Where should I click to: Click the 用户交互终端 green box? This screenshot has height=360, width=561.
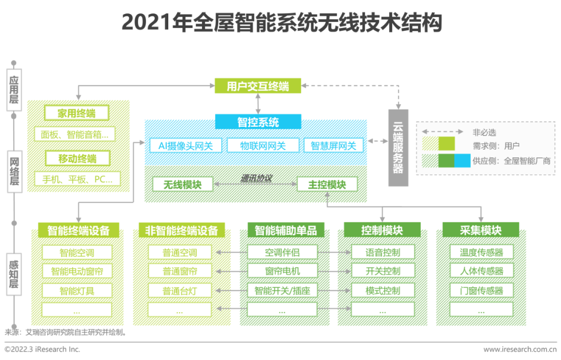[x=258, y=86]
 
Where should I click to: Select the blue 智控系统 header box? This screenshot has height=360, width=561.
[x=258, y=122]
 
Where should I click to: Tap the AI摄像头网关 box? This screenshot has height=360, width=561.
[x=185, y=145]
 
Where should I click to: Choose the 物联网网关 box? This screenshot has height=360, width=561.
[x=263, y=145]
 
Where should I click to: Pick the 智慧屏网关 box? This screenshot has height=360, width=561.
[x=333, y=145]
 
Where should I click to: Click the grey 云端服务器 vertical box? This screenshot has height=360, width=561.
[x=398, y=148]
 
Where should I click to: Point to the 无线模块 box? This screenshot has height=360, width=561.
[x=182, y=184]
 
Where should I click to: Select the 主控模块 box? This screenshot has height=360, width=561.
[x=327, y=184]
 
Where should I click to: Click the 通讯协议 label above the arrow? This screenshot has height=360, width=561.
[x=256, y=178]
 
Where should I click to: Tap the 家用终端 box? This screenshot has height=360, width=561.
[x=76, y=113]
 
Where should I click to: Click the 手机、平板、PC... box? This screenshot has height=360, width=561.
[x=77, y=179]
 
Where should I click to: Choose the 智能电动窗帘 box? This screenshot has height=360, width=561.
[x=77, y=271]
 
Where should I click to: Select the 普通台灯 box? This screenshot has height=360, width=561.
[x=180, y=290]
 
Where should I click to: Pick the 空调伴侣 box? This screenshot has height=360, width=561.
[x=282, y=252]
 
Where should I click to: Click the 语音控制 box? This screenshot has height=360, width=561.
[x=383, y=252]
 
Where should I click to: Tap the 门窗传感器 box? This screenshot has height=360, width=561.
[x=482, y=290]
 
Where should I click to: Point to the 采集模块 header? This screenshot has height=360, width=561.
[x=480, y=230]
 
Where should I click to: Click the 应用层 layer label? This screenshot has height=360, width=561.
[x=14, y=90]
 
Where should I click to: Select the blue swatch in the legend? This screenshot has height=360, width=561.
[x=462, y=161]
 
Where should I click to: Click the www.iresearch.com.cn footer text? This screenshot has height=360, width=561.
[x=520, y=349]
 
